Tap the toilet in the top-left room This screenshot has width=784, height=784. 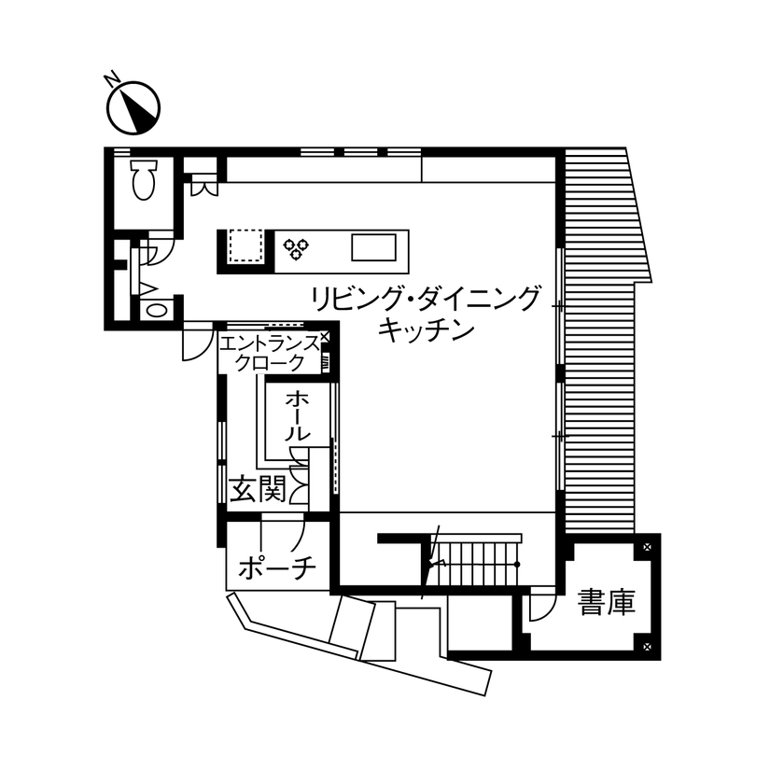(143, 179)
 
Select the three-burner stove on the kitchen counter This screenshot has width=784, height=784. (297, 247)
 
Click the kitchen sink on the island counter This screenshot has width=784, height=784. (373, 248)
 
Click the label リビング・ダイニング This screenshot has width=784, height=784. (426, 300)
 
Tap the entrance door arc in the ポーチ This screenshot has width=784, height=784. (299, 535)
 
